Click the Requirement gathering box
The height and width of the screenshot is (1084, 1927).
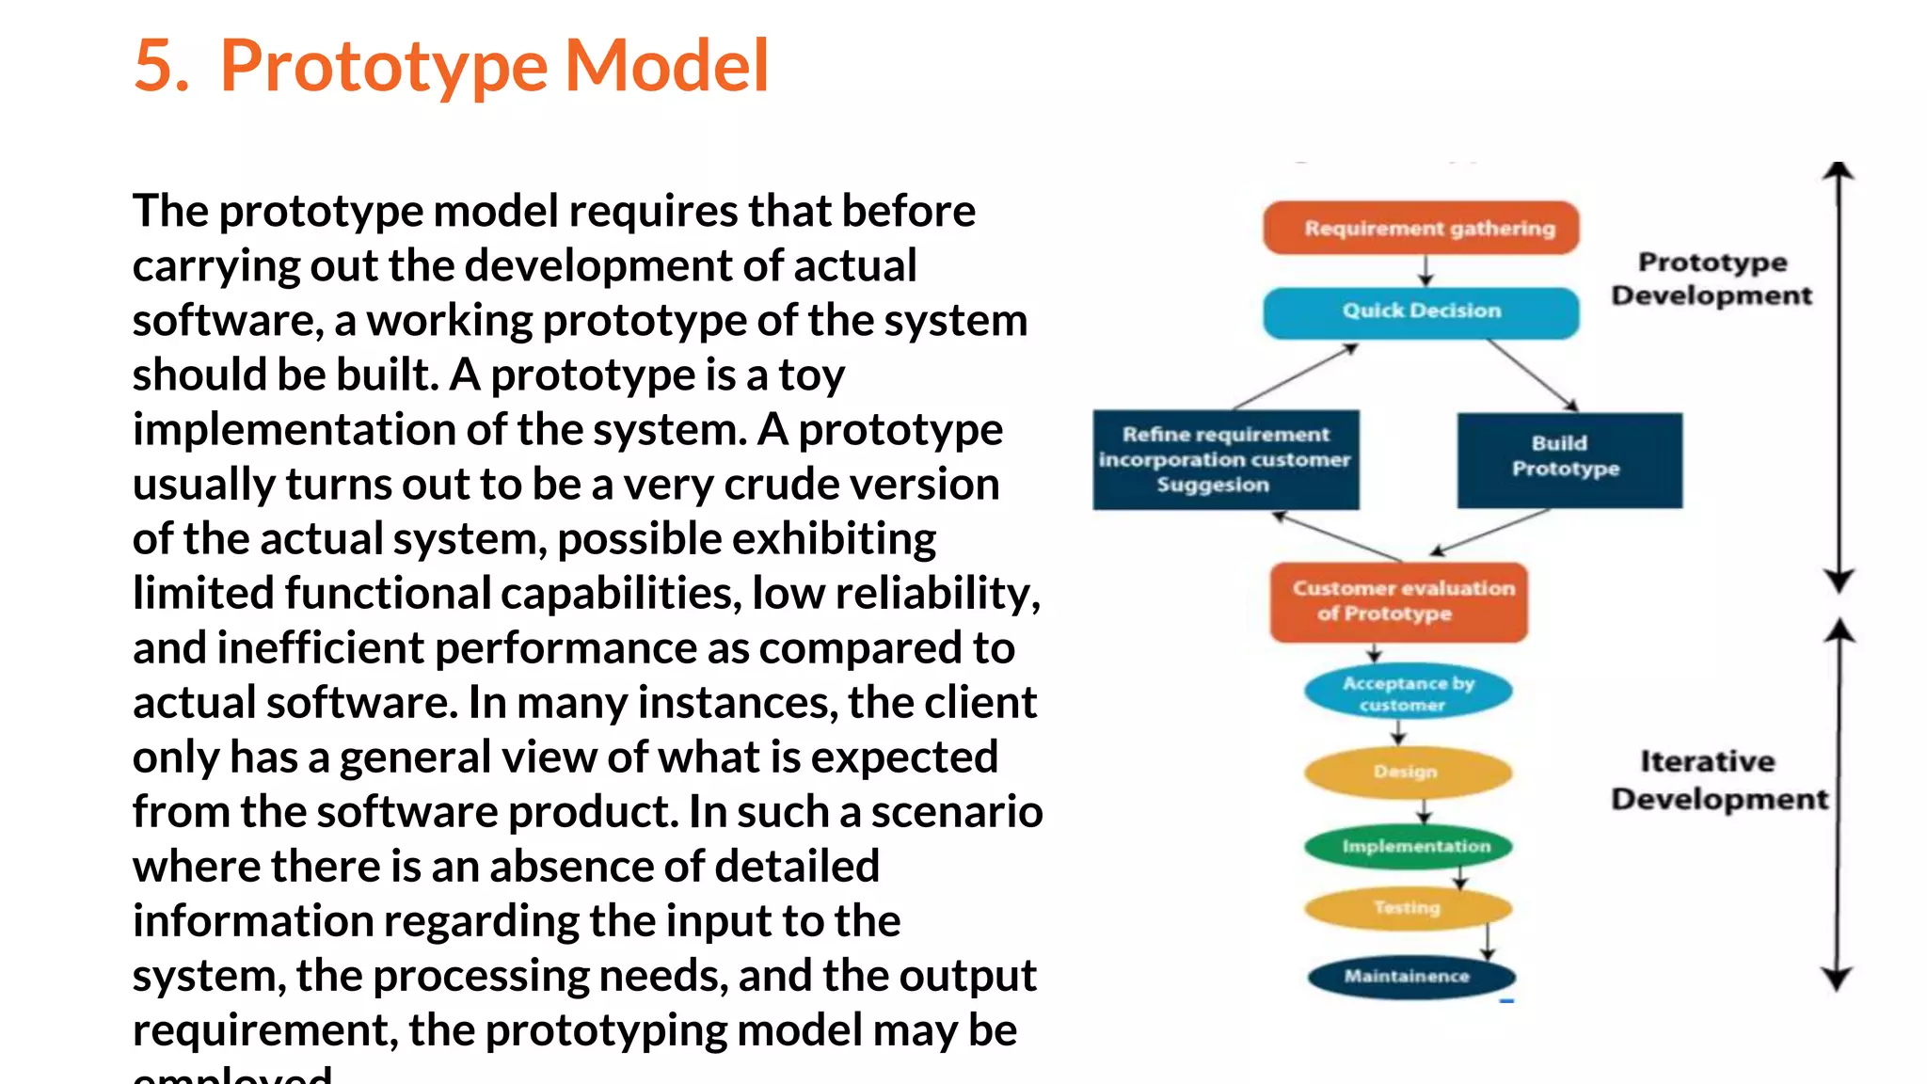(x=1421, y=228)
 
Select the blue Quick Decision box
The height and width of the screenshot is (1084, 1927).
(x=1421, y=311)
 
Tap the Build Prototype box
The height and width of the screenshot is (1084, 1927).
(x=1569, y=459)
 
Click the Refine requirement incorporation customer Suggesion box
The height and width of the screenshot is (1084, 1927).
(x=1225, y=459)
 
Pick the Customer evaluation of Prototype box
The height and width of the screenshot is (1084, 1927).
(x=1399, y=601)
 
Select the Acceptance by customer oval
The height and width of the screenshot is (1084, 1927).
(x=1408, y=693)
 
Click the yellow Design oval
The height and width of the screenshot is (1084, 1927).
(x=1407, y=772)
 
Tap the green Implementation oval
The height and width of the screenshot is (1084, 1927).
(x=1409, y=846)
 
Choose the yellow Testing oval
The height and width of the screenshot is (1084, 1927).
(x=1408, y=908)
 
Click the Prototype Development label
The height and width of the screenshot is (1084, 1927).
(x=1711, y=279)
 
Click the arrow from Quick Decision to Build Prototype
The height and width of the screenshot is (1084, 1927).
(x=1532, y=375)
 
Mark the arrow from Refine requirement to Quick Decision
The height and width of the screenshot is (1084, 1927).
(x=1295, y=377)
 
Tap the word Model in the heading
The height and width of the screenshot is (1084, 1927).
(x=666, y=66)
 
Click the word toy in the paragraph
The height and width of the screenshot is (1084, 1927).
(x=811, y=375)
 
